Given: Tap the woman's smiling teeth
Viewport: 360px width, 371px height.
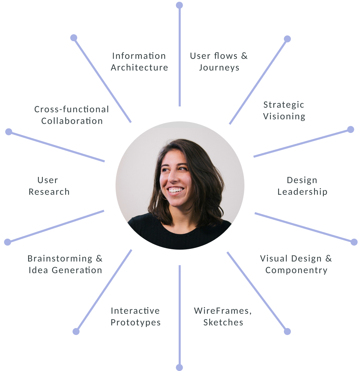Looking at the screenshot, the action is click(x=176, y=190).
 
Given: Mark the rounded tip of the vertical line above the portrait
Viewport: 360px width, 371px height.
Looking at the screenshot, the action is click(x=179, y=5).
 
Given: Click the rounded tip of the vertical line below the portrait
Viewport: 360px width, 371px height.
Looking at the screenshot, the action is click(x=179, y=367).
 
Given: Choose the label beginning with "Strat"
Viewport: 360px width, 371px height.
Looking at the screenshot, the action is click(x=283, y=110).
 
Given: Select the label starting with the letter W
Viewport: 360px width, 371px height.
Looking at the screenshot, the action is click(x=223, y=317).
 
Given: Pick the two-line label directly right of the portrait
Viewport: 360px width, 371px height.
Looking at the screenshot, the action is click(x=302, y=187).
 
